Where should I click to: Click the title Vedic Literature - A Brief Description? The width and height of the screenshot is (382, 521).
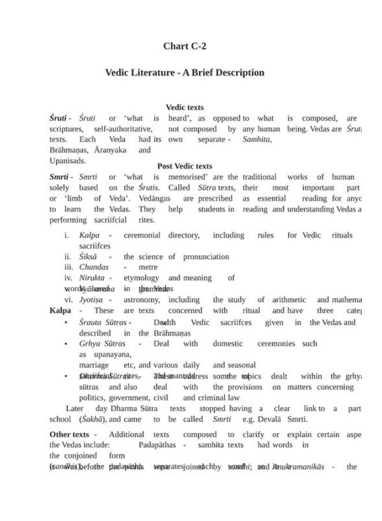pyautogui.click(x=185, y=73)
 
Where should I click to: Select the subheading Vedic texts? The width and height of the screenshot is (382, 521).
pyautogui.click(x=185, y=107)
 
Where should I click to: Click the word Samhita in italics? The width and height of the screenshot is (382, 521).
pyautogui.click(x=258, y=140)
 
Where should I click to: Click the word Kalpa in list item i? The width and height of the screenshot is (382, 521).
pyautogui.click(x=90, y=236)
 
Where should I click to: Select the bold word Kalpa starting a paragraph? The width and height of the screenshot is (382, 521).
pyautogui.click(x=60, y=310)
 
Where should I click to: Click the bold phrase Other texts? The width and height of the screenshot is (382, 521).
pyautogui.click(x=68, y=434)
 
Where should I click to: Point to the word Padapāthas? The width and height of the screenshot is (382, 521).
pyautogui.click(x=157, y=445)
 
